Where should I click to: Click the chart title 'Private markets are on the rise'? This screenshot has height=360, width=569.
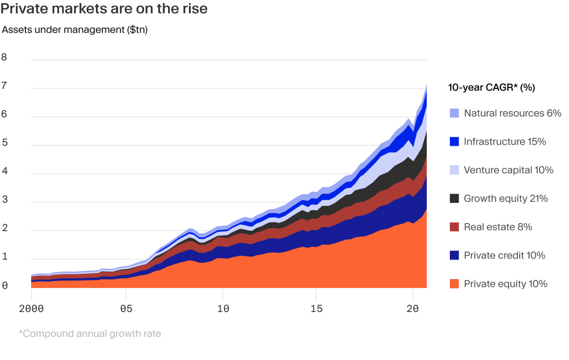[104, 9]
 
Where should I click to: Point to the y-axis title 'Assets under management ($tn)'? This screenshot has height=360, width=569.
[75, 30]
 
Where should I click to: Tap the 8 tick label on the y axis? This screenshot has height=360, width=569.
[5, 57]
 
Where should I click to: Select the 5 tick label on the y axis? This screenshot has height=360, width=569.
[5, 143]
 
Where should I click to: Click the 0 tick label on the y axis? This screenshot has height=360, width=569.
[5, 286]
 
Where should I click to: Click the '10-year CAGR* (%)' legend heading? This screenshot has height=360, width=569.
[492, 88]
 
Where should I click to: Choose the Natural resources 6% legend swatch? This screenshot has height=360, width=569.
[454, 113]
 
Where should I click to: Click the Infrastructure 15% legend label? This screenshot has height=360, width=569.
[505, 142]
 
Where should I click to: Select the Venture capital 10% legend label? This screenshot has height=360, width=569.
[508, 170]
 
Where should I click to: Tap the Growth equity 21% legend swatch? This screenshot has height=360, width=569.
[454, 199]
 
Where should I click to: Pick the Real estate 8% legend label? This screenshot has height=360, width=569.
[497, 227]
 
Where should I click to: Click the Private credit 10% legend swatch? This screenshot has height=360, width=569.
[454, 256]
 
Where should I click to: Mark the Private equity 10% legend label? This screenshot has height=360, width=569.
[505, 284]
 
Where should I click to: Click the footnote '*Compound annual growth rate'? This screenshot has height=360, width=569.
[90, 334]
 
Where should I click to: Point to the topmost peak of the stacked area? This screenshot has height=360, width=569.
[426, 85]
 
